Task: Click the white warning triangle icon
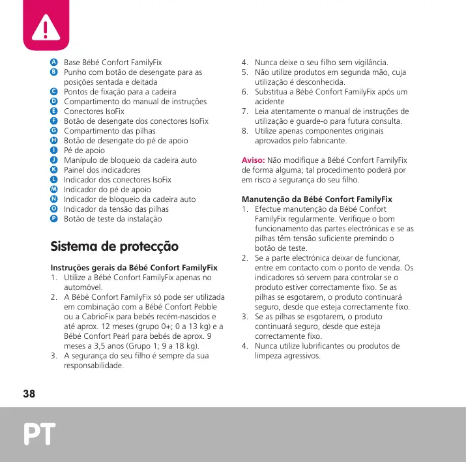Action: click(x=46, y=27)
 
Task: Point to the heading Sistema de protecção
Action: click(x=114, y=247)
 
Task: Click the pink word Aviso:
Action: click(x=253, y=160)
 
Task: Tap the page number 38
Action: click(x=29, y=394)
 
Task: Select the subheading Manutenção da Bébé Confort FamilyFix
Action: click(x=317, y=199)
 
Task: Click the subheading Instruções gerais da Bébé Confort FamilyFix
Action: click(x=134, y=267)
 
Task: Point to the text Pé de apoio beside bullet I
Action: click(x=84, y=151)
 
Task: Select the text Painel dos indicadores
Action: click(x=102, y=170)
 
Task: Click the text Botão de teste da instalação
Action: click(x=112, y=219)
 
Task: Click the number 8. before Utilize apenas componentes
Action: click(x=245, y=131)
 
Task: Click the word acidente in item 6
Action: click(x=270, y=102)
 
